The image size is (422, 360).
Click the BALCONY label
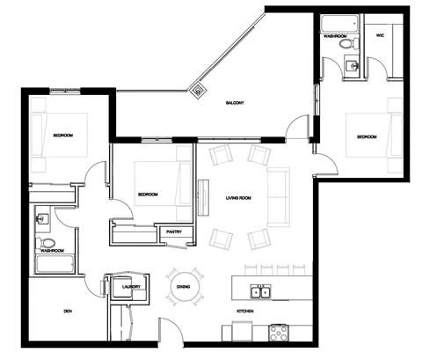tap(234, 104)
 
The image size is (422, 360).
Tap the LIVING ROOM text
tap(239, 198)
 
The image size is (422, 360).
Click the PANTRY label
tap(173, 231)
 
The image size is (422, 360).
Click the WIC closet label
tap(379, 37)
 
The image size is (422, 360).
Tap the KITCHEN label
tap(245, 312)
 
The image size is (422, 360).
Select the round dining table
tap(184, 287)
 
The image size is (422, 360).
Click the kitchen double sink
tap(259, 292)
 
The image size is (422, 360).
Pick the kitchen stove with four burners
tap(279, 334)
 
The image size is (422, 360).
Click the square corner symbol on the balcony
tap(199, 88)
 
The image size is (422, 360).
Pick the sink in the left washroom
tap(41, 217)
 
